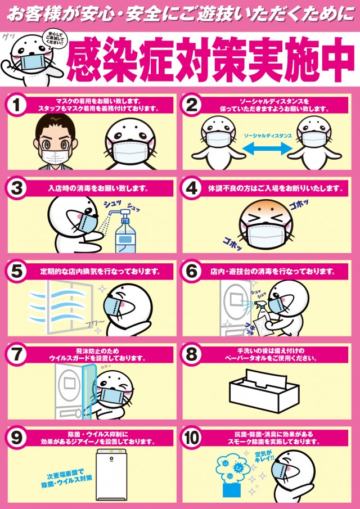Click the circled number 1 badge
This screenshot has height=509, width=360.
pyautogui.click(x=16, y=105)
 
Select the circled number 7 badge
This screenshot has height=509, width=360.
pyautogui.click(x=16, y=355)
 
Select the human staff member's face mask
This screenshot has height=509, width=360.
pyautogui.click(x=56, y=157)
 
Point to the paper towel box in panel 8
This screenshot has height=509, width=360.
pyautogui.click(x=264, y=390)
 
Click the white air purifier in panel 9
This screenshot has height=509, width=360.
pyautogui.click(x=111, y=475)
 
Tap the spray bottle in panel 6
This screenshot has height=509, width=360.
pyautogui.click(x=262, y=311)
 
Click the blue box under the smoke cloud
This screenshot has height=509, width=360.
pyautogui.click(x=232, y=489)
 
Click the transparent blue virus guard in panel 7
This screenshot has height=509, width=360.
pyautogui.click(x=89, y=391)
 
